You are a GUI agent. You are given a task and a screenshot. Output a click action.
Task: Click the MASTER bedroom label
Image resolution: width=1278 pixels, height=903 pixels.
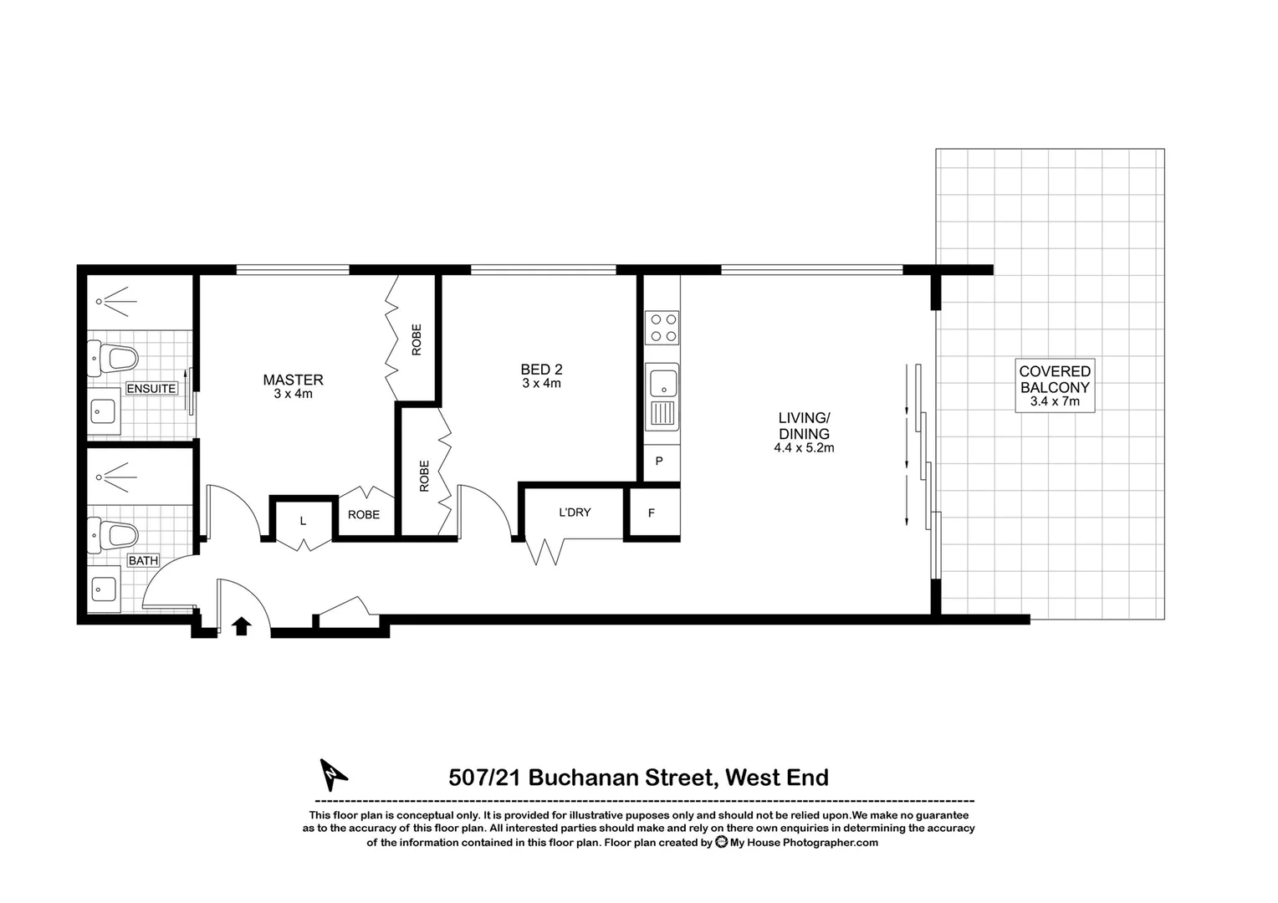click(293, 380)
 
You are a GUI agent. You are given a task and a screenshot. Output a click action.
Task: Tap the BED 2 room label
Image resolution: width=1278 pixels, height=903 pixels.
click(541, 370)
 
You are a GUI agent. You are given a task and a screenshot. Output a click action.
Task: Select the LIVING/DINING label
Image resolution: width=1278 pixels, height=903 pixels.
click(804, 426)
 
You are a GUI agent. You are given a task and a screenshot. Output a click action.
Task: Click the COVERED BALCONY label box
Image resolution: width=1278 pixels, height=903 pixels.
click(1054, 385)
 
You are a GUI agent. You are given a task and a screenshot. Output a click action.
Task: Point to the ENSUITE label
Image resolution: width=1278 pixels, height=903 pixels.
click(151, 389)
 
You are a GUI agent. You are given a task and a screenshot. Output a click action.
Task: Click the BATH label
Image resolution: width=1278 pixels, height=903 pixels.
click(143, 560)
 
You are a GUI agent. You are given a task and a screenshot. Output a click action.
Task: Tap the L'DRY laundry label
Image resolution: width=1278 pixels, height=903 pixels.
click(575, 512)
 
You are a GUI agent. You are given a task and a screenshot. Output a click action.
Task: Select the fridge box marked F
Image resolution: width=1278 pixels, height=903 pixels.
click(652, 513)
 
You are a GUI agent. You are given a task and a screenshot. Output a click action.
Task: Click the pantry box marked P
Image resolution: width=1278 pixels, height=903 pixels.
click(659, 461)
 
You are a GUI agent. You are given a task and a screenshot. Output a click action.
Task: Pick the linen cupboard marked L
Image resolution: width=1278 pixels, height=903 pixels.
click(303, 521)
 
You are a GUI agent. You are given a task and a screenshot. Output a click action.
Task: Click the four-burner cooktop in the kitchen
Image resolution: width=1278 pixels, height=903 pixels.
click(662, 327)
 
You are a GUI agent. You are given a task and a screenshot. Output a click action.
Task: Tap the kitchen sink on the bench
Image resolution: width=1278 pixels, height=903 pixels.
click(662, 384)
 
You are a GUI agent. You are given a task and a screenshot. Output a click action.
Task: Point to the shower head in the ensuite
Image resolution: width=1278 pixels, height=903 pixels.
click(100, 301)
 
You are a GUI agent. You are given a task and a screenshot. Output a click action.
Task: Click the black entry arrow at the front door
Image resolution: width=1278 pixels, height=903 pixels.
click(242, 625)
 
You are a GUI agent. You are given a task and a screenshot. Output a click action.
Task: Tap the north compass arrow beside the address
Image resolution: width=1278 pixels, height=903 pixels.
click(333, 774)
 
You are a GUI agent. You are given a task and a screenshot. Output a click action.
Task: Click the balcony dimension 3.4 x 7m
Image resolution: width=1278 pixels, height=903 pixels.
click(1054, 401)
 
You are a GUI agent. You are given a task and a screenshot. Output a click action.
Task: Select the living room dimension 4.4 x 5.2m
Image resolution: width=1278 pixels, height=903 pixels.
click(804, 448)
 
